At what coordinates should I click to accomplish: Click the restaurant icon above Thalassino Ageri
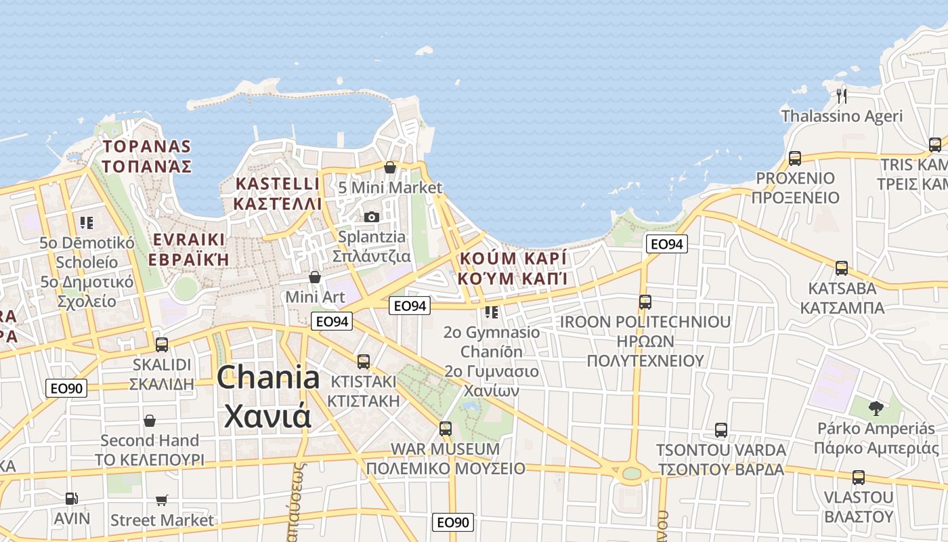click(842, 95)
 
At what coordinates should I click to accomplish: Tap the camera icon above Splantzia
click(371, 217)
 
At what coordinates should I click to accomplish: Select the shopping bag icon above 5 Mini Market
click(390, 167)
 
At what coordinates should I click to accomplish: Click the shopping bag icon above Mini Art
click(315, 277)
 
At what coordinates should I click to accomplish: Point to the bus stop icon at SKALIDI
click(162, 344)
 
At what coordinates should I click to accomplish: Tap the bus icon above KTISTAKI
click(364, 361)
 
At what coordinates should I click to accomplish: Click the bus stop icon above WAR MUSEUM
click(445, 428)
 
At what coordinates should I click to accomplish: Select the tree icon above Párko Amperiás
click(876, 408)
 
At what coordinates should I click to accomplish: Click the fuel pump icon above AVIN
click(71, 499)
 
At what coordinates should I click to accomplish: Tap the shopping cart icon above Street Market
click(162, 500)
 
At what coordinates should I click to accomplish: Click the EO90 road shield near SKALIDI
click(66, 388)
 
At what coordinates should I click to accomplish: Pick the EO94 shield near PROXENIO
click(666, 244)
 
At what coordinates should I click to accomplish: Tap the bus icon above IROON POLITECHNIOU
click(645, 301)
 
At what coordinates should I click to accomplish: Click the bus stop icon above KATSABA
click(842, 268)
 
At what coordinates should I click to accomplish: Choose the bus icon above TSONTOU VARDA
click(721, 430)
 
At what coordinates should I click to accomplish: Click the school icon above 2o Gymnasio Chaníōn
click(492, 312)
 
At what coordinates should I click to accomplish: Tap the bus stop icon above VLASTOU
click(859, 477)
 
